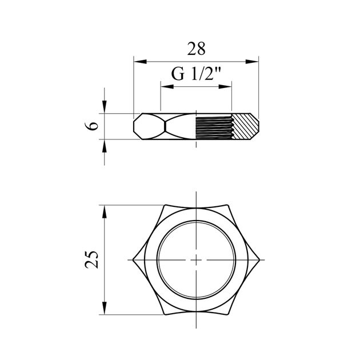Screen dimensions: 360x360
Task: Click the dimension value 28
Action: point(197,49)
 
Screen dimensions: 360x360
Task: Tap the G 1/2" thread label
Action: point(196,74)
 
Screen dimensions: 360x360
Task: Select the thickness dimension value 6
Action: point(91,126)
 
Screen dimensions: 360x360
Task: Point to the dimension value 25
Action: point(91,259)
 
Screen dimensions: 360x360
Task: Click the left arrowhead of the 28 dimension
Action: point(140,62)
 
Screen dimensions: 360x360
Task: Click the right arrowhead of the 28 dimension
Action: point(252,62)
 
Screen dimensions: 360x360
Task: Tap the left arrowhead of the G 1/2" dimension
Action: point(167,86)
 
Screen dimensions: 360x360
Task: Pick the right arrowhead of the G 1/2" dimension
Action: point(225,86)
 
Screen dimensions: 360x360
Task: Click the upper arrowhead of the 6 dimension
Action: point(105,107)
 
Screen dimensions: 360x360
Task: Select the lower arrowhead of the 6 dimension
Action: point(105,146)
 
